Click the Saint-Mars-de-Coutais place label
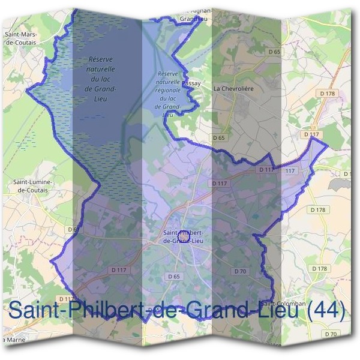pyautogui.click(x=22, y=38)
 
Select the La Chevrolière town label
pyautogui.click(x=235, y=88)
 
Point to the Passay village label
pyautogui.click(x=190, y=84)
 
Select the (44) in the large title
pyautogui.click(x=327, y=311)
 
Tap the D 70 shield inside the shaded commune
pyautogui.click(x=240, y=271)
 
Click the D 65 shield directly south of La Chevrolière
pyautogui.click(x=218, y=138)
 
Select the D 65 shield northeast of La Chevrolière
pyautogui.click(x=274, y=52)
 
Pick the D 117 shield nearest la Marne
pyautogui.click(x=66, y=298)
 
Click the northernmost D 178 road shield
pyautogui.click(x=326, y=94)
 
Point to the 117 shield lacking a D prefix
pyautogui.click(x=290, y=171)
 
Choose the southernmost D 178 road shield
pyautogui.click(x=320, y=268)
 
